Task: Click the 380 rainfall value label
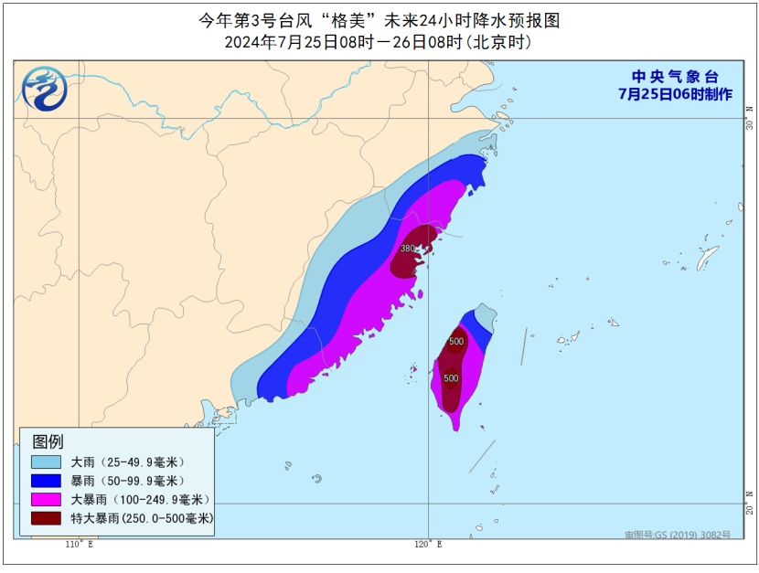coord(408,249)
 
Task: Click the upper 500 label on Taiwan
coord(456,342)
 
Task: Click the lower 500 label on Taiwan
coord(451,377)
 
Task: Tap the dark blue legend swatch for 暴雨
coord(46,481)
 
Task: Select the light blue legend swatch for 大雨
coord(46,462)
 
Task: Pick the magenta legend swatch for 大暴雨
coord(46,500)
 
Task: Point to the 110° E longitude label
coord(79,545)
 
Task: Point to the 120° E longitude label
coord(427,545)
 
